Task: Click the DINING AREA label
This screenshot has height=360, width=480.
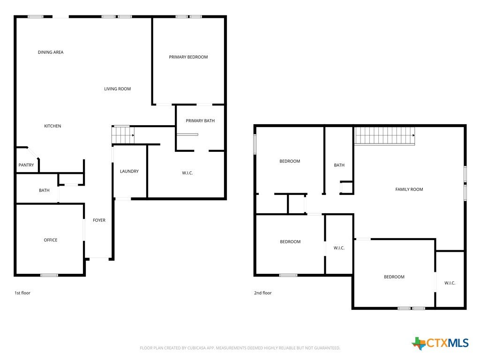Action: [51, 52]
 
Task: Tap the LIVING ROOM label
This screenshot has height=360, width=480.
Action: [117, 89]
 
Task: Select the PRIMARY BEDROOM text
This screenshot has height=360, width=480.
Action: [188, 57]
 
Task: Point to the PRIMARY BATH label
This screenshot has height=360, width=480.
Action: [200, 121]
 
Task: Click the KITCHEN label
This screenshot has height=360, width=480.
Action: [52, 126]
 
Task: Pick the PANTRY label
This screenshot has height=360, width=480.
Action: [26, 165]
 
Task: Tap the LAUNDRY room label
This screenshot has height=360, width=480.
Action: [129, 172]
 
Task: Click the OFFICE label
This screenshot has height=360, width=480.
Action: [51, 240]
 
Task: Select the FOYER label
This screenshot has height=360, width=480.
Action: [99, 220]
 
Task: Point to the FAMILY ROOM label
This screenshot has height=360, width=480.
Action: [409, 189]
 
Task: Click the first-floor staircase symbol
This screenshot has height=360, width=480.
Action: [123, 135]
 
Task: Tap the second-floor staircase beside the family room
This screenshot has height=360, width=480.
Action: [385, 135]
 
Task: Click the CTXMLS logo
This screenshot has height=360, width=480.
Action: [440, 343]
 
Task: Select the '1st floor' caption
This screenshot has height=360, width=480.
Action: [22, 293]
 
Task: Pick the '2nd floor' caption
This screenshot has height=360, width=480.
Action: [262, 293]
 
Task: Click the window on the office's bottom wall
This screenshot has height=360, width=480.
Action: [49, 276]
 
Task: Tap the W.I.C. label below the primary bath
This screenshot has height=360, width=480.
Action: [187, 173]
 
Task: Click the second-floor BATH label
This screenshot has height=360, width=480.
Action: [339, 165]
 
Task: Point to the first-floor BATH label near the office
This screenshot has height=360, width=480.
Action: [44, 190]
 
